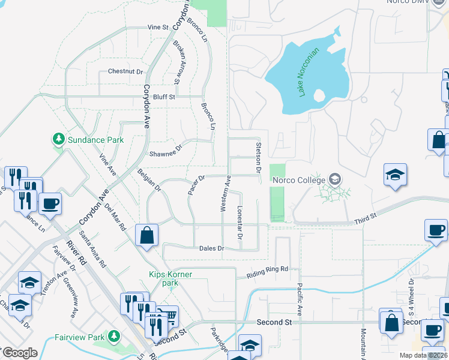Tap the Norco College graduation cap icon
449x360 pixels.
334,179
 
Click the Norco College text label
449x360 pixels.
299,179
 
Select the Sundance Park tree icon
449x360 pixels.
58,140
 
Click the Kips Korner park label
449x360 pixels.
171,278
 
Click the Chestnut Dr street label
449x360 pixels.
125,71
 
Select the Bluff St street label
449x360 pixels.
163,97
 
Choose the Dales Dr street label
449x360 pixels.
212,248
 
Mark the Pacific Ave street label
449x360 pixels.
300,300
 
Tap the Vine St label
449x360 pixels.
158,28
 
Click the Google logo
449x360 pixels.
20,353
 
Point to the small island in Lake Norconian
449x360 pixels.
319,95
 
